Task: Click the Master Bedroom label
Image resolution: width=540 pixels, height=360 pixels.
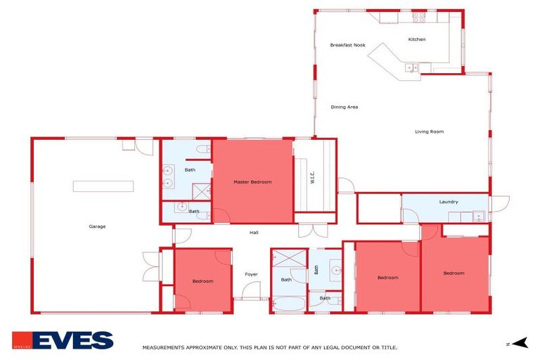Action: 252,182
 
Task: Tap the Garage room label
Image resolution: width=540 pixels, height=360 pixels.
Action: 97,226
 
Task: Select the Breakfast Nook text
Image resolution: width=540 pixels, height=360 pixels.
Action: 347,45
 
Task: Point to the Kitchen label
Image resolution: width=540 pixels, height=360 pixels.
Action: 417,39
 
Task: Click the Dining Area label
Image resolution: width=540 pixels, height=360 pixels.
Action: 345,107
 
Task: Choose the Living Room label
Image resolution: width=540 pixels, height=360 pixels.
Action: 429,131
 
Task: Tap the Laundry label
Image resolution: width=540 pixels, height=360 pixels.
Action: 449,202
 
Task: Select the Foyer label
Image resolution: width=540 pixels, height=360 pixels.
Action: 251,274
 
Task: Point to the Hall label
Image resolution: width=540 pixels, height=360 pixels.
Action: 254,232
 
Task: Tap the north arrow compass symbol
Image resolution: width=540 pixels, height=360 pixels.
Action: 519,343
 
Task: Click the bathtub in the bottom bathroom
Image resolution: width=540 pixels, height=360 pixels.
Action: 288,304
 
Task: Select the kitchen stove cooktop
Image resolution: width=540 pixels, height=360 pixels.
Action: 419,16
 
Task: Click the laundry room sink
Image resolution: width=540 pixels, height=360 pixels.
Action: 478,216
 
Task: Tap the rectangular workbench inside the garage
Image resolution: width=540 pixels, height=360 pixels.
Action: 103,186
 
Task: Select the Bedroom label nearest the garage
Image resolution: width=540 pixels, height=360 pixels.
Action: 202,281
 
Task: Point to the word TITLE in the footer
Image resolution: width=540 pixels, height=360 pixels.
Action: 389,347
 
